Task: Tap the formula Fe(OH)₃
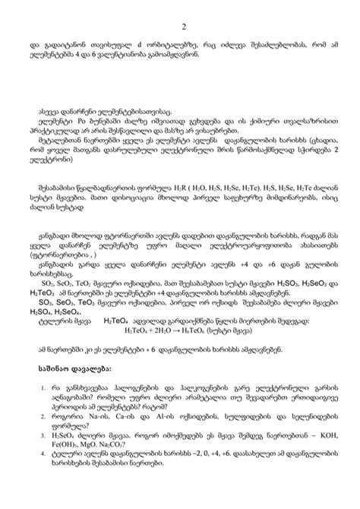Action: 72,446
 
